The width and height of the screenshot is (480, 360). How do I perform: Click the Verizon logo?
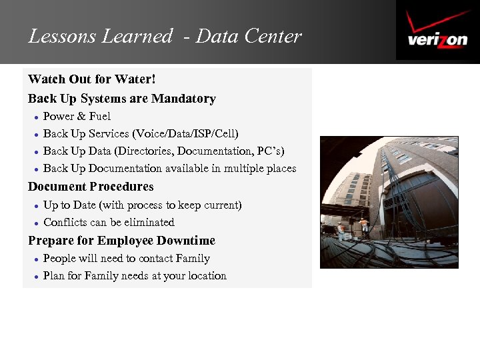[x=437, y=31]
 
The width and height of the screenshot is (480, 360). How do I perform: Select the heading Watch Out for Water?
[x=92, y=79]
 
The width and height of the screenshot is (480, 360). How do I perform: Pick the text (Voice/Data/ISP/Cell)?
[x=185, y=134]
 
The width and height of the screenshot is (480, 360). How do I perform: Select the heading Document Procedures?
[x=91, y=187]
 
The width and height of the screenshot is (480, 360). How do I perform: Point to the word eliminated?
[x=149, y=223]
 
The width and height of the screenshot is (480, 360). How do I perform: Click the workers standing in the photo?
[x=352, y=227]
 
